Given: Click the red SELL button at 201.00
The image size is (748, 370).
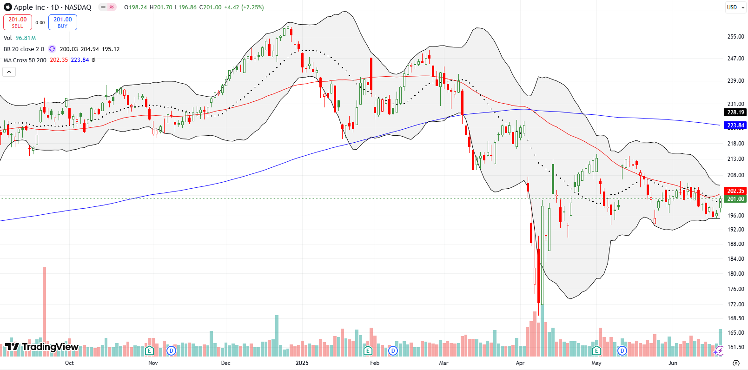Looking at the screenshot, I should pos(17,22).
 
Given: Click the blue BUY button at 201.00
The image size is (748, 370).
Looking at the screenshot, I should pos(62,22).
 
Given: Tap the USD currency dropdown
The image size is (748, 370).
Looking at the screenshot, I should pos(735,7).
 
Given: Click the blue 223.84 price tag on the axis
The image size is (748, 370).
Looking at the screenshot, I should pos(735,126).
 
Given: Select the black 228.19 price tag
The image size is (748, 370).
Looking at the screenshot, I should pos(735,112).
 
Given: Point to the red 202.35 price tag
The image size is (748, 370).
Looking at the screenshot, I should pos(735,191).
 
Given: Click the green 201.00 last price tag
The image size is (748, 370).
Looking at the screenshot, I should pos(735,199).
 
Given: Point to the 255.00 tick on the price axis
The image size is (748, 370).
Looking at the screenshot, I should pos(735,37).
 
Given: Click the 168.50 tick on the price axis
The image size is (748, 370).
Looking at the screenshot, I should pos(735,318).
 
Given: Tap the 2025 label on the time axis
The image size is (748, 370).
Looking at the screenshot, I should pos(302,363).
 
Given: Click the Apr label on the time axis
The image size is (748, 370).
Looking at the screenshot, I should pos(520,363).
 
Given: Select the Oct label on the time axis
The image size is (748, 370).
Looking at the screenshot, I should pos(69,363).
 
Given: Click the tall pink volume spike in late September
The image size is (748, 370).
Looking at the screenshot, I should pos(45,307).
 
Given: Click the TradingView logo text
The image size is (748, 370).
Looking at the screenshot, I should pos(42,347).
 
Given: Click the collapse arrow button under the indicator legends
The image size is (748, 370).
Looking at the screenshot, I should pos(9,72).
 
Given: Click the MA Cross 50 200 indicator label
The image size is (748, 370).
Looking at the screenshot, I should pos(25,60).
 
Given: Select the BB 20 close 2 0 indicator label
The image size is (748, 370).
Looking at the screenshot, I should pos(24,49).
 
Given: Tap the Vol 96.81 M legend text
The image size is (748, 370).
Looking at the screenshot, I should pos(20,38).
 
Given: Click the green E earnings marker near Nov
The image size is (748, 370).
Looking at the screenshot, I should pos(149,350).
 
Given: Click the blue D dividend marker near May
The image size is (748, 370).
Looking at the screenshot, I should pos(622,350).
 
